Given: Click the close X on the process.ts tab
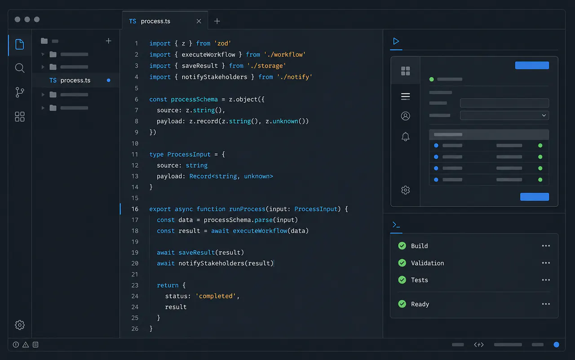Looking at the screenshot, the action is coord(199,21).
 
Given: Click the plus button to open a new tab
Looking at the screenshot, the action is coord(217,21).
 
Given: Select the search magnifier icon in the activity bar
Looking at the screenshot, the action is coord(20,68).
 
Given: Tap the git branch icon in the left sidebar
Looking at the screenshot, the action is coord(20,92).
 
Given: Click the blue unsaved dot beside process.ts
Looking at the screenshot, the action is coord(109,80).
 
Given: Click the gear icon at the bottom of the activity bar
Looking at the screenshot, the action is coord(20,325).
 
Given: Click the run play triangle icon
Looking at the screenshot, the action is coord(396,41).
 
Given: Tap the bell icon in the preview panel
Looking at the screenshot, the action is coord(405,137).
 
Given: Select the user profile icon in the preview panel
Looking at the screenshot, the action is coord(405,116).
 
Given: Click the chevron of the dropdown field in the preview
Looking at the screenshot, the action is coord(544,116).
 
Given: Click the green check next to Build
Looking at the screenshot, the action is coord(402,246).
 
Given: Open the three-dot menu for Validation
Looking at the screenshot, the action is coord(546,263).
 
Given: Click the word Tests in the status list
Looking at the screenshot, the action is coord(420,280).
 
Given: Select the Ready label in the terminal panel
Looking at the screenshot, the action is coord(420,304).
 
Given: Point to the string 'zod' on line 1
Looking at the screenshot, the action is coord(222,44).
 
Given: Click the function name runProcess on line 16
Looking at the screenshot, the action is coord(247,209).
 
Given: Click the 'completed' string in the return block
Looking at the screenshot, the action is coord(216,296).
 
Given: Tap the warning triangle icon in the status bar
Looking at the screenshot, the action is coord(26,345).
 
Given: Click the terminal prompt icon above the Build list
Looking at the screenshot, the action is coord(396,225).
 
